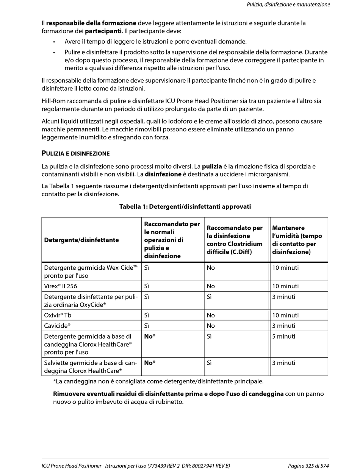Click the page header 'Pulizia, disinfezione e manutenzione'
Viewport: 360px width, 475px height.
click(288, 5)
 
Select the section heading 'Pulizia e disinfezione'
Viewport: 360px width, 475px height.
click(75, 153)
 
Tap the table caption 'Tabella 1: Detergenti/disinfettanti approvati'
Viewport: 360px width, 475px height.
click(185, 206)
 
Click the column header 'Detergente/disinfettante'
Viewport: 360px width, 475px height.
click(81, 240)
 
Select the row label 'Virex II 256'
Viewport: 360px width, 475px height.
click(61, 286)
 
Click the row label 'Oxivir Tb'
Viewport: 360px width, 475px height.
click(58, 315)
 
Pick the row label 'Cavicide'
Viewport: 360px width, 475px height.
click(57, 326)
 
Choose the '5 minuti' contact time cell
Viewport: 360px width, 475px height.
click(283, 336)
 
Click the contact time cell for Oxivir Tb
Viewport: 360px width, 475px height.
click(285, 315)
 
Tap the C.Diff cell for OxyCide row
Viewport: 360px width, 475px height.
click(209, 297)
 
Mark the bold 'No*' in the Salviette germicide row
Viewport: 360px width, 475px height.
click(150, 363)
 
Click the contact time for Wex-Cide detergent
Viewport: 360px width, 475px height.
click(285, 268)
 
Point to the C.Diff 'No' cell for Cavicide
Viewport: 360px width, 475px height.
click(211, 326)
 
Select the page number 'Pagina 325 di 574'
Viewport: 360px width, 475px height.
click(308, 466)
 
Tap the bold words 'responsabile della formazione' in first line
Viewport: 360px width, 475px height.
click(91, 23)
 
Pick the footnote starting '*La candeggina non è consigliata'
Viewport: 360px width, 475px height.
click(158, 381)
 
